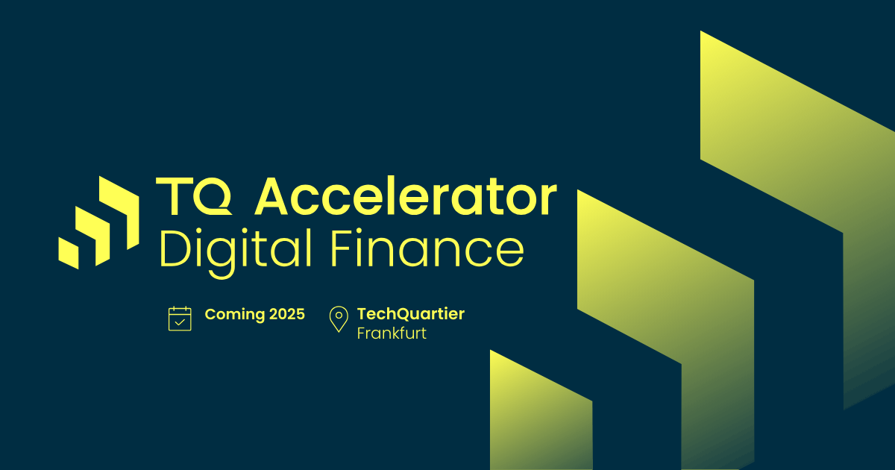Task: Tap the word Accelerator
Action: pos(406,198)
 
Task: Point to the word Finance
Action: pos(426,250)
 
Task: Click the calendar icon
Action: pos(180,319)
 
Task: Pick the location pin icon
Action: pos(339,319)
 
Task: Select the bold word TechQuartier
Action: pos(410,314)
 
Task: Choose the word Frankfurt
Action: pos(392,333)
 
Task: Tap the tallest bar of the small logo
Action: pos(122,213)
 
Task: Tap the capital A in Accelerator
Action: pos(271,198)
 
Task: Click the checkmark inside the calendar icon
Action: pos(180,322)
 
